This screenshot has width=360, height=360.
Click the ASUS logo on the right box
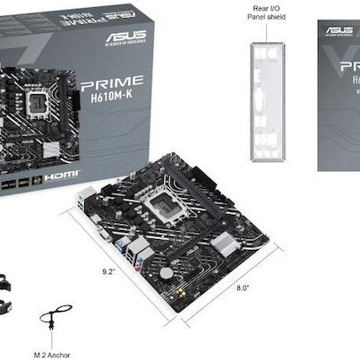pos(339,30)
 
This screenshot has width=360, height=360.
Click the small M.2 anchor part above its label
pos(56,318)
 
